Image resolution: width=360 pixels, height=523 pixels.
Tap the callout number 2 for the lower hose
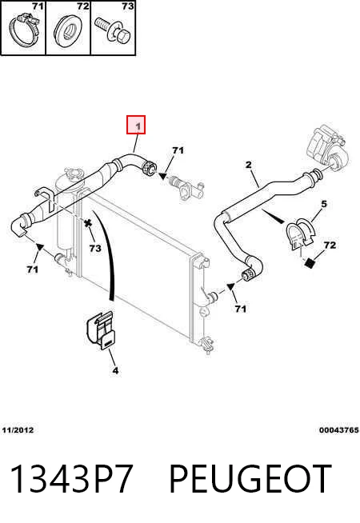click(x=248, y=165)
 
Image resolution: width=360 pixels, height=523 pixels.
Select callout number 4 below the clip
click(x=115, y=370)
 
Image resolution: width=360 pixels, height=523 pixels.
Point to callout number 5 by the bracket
click(x=324, y=203)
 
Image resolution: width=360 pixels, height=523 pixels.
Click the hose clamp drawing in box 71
click(x=23, y=30)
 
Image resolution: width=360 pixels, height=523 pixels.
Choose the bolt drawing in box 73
click(x=114, y=30)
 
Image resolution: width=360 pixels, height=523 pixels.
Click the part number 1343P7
click(x=71, y=479)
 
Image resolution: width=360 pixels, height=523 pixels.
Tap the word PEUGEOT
click(x=250, y=479)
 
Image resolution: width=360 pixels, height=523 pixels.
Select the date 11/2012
click(x=18, y=430)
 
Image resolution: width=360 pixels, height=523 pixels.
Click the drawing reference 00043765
click(x=338, y=430)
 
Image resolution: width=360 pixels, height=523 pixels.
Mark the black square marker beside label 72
click(x=310, y=263)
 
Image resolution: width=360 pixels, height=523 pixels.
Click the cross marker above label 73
click(x=88, y=223)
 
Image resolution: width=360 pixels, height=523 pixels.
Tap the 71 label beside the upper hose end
click(x=178, y=151)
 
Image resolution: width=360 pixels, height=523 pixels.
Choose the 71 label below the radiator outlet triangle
click(x=240, y=309)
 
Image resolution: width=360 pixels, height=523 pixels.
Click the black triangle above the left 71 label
click(x=40, y=247)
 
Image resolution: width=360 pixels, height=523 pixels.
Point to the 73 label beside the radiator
click(x=95, y=248)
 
